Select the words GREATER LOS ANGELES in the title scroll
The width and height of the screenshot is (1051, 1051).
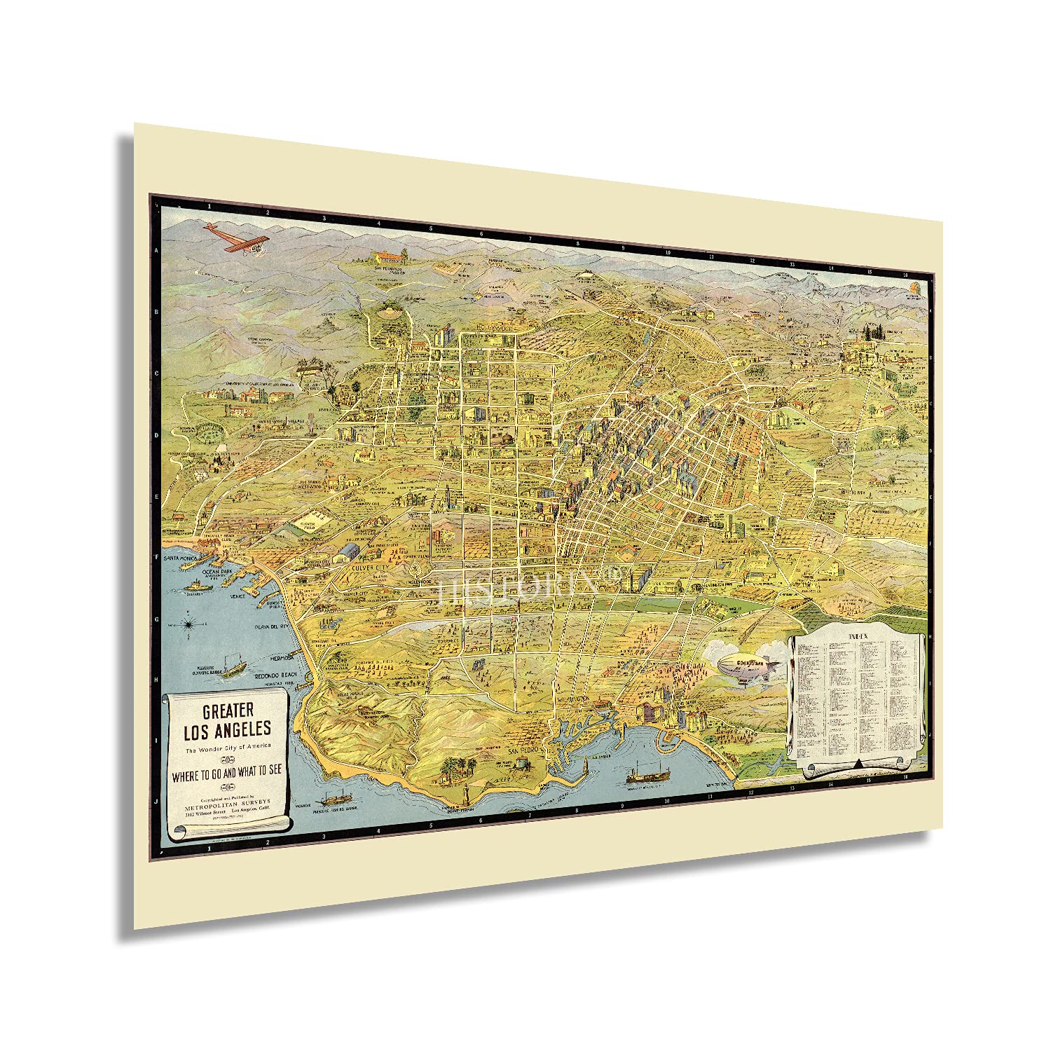tap(227, 722)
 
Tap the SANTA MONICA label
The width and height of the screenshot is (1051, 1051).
tap(177, 558)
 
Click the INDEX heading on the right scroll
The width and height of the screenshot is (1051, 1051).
tap(857, 634)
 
